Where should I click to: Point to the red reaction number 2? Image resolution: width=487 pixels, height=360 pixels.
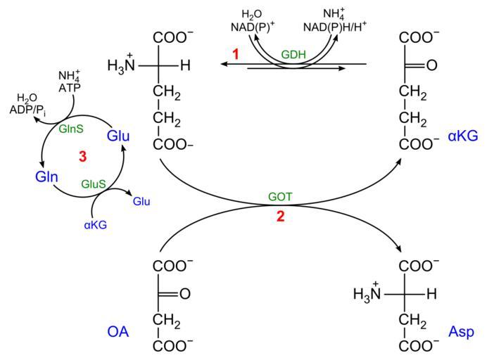click(281, 217)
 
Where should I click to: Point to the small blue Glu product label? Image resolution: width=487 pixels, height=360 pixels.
click(141, 202)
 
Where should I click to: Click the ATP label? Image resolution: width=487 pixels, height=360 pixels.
click(68, 86)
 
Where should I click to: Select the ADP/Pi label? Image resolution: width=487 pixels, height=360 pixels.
click(30, 110)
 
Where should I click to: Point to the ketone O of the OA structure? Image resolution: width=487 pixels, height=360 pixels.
click(184, 294)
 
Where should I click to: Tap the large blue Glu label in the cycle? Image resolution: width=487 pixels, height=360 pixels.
click(118, 136)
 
